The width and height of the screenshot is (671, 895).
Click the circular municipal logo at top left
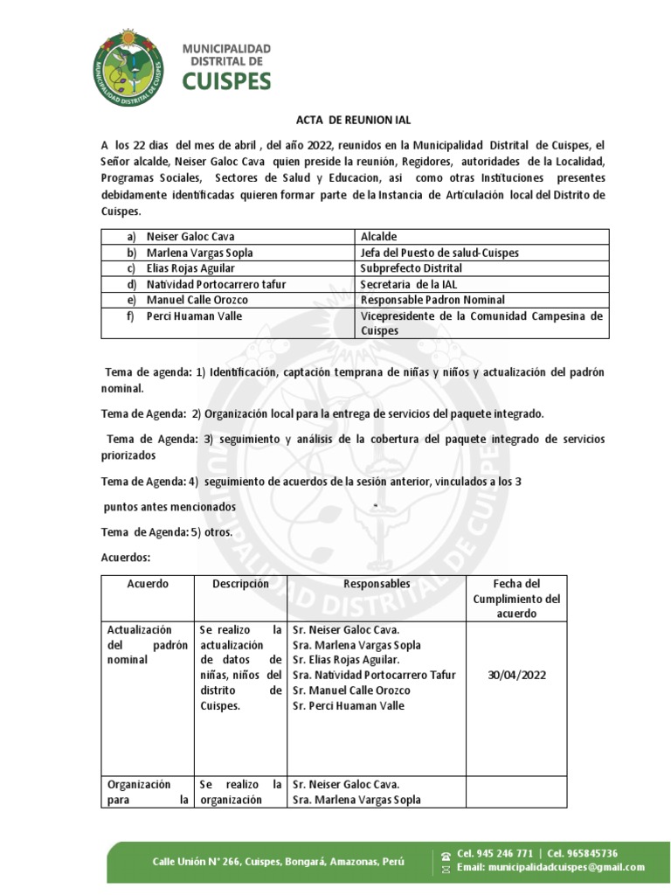pos(128,66)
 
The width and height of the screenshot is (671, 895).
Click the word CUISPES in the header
pos(226,80)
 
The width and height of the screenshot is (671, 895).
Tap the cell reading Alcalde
pos(380,237)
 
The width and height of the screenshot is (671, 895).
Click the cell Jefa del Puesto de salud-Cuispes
pos(439,253)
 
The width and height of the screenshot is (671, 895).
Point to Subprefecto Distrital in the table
pos(411,268)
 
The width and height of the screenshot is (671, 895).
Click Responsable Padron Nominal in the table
pos(432,300)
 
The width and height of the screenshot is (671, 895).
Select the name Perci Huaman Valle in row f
pos(194,316)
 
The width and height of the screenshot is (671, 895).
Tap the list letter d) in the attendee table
pos(131,284)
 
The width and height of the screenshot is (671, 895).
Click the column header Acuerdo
pos(148,584)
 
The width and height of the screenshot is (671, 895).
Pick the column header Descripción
pos(240,584)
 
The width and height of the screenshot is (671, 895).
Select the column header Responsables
pos(377,584)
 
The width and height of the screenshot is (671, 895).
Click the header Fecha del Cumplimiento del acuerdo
pos(516,599)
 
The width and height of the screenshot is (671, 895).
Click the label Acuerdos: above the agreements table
pos(127,557)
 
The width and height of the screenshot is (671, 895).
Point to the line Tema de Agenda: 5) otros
pos(166,532)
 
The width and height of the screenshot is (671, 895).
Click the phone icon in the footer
pos(446,855)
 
